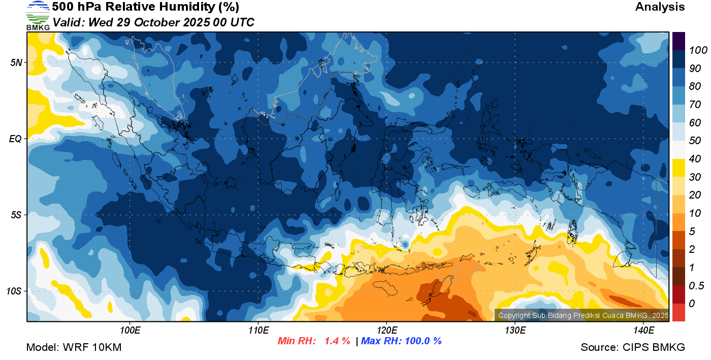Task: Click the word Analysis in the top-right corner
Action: coord(660,7)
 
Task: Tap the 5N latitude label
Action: coord(16,62)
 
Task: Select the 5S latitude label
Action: coord(16,215)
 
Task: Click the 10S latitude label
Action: coord(14,291)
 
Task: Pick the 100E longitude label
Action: coord(130,331)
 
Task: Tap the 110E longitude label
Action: coord(258,331)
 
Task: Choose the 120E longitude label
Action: coord(387,331)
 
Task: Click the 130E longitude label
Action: coord(515,331)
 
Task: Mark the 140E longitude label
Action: coord(643,331)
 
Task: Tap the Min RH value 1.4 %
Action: coord(337,341)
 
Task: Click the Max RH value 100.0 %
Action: coord(422,341)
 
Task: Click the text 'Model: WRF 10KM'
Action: coord(74,348)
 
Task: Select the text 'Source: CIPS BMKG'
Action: coord(633,348)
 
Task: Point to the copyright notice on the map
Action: coord(583,315)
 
